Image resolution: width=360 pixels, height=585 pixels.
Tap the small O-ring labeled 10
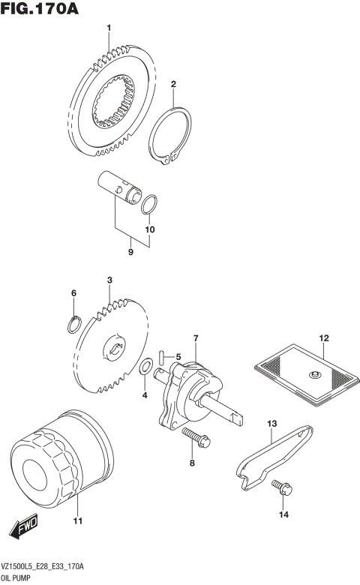click(149, 203)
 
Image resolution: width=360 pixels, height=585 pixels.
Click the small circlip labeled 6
click(73, 324)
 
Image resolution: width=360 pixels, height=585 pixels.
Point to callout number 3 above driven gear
click(109, 280)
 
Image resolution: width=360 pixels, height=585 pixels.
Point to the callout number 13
click(272, 424)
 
